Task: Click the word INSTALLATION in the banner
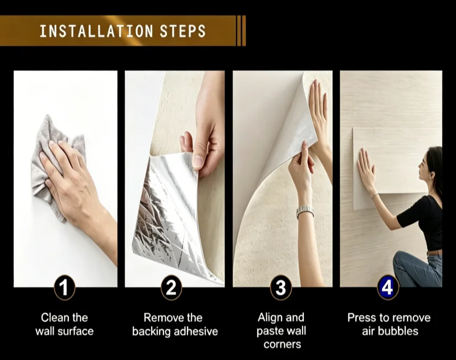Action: coord(96,31)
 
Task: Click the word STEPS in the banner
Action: coord(182,31)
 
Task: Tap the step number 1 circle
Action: coord(64,288)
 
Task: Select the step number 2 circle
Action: coord(172,288)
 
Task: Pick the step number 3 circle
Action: coord(280,288)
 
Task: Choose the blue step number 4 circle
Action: coord(388,288)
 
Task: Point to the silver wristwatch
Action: coord(305,212)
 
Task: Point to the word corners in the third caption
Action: coord(282,345)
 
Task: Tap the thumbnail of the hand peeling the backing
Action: coord(175,179)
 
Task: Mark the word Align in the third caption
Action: coord(268,318)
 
